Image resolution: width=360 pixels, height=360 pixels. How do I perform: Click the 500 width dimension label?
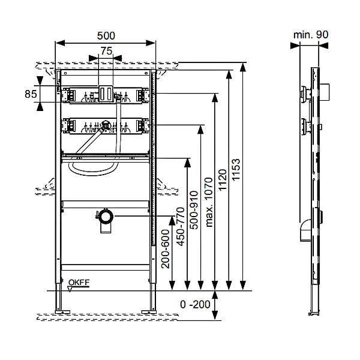tap(106, 35)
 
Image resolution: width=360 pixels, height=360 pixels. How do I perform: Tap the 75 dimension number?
tap(107, 51)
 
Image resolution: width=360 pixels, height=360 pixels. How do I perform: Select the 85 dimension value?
tap(31, 94)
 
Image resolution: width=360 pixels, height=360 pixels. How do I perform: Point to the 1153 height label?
tap(236, 169)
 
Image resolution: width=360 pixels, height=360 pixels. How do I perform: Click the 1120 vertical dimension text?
tap(223, 180)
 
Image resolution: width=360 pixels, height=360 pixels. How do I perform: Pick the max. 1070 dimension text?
tap(209, 202)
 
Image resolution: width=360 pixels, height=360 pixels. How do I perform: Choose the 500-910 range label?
tap(194, 210)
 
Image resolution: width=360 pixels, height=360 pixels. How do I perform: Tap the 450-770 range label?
tap(181, 227)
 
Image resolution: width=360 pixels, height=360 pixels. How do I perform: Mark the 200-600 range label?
tap(166, 249)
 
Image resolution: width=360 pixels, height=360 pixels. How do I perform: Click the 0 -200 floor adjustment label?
tap(195, 304)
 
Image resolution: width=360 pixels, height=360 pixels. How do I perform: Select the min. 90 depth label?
tap(311, 35)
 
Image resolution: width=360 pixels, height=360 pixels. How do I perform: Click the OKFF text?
tap(79, 283)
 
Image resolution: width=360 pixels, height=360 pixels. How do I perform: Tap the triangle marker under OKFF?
tap(70, 289)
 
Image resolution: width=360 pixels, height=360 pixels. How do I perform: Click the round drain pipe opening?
tap(106, 216)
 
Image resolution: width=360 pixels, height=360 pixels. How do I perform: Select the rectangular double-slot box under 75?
tap(106, 93)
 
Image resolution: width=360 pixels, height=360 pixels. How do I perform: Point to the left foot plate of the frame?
tap(62, 312)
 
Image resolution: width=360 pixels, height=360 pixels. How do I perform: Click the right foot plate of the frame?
tap(149, 312)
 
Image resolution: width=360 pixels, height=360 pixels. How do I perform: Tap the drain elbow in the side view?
tap(305, 230)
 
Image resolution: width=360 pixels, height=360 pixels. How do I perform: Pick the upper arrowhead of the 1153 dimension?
tap(243, 67)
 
